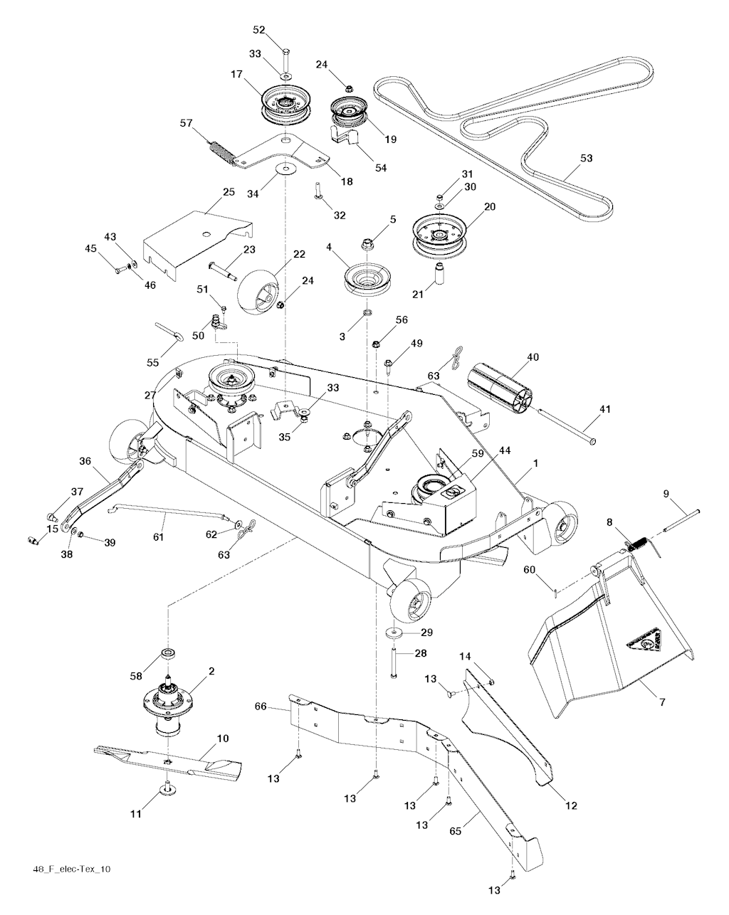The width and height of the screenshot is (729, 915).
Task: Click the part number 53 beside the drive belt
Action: [x=586, y=158]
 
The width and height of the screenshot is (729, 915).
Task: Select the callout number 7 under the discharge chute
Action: [x=662, y=703]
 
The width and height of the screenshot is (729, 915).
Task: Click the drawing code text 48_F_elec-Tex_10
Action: [x=71, y=869]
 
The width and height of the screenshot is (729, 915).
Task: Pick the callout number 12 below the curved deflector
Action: [x=571, y=805]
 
